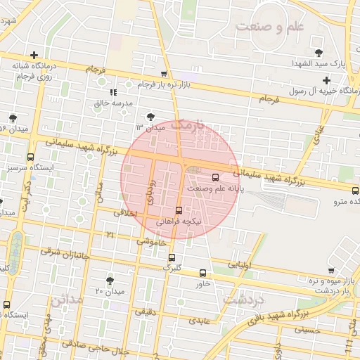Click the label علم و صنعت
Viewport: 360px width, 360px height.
point(269,27)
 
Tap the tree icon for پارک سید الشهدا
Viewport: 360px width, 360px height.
point(319,53)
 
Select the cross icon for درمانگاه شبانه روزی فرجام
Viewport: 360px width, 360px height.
point(33,55)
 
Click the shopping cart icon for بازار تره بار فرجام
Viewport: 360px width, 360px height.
point(164,74)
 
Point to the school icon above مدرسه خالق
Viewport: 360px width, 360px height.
point(112,92)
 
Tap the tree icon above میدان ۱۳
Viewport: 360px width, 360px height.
point(150,117)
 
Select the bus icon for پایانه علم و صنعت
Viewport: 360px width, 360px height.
point(215,177)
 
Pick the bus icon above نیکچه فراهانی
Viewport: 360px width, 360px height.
point(179,210)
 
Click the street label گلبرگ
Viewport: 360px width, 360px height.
point(172,267)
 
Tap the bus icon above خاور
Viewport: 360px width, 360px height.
point(203,273)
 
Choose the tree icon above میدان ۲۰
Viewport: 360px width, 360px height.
point(109,280)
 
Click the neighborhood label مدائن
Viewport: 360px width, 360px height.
point(67,300)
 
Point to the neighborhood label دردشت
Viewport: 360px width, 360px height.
point(243,299)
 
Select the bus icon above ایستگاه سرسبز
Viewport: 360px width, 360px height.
point(30,157)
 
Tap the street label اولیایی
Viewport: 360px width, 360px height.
point(240,266)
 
